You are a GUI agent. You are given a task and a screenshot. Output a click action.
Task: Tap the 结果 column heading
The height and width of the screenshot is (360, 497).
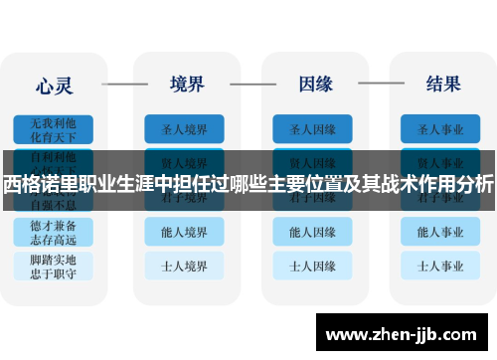[441, 84]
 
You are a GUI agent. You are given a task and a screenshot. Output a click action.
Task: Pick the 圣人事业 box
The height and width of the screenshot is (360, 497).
[441, 129]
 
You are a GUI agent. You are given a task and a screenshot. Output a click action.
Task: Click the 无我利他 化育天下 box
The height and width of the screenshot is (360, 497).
[53, 129]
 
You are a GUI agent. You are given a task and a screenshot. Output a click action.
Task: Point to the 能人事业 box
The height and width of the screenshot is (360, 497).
[441, 232]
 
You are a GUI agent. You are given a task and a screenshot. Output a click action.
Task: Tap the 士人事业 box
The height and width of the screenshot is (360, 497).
[441, 266]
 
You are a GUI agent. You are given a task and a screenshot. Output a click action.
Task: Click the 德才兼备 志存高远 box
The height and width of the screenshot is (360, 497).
[53, 232]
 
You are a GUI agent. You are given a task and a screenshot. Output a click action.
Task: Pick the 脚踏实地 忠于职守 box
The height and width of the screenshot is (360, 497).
[53, 266]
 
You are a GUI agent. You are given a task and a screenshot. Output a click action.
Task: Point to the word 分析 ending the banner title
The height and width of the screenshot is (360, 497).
[476, 183]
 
